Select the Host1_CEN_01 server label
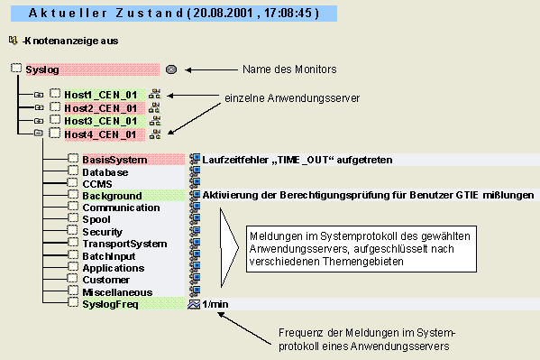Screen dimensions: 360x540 pyautogui.click(x=100, y=94)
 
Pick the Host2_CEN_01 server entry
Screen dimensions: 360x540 pyautogui.click(x=100, y=107)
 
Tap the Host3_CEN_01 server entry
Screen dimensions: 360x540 pyautogui.click(x=100, y=121)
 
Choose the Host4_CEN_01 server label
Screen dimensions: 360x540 pyautogui.click(x=100, y=134)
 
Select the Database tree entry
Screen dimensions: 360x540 pyautogui.click(x=105, y=171)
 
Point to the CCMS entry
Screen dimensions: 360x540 pyautogui.click(x=96, y=183)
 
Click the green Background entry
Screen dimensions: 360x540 pyautogui.click(x=112, y=196)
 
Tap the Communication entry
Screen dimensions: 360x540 pyautogui.click(x=121, y=208)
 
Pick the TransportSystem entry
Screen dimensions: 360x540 pyautogui.click(x=124, y=244)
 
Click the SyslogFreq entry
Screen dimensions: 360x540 pyautogui.click(x=110, y=305)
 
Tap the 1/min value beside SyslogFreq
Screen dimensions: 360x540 pyautogui.click(x=216, y=305)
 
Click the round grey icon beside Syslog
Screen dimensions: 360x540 pyautogui.click(x=171, y=69)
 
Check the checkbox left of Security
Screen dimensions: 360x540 pyautogui.click(x=73, y=232)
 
